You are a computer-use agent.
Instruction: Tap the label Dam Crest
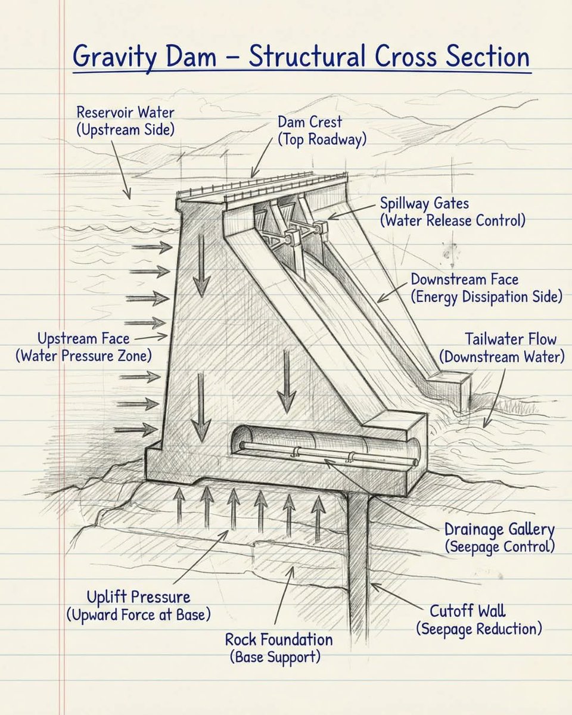pyautogui.click(x=310, y=122)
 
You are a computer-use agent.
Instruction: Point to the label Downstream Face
pyautogui.click(x=465, y=279)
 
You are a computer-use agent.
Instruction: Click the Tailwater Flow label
pyautogui.click(x=511, y=340)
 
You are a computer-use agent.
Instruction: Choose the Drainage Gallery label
pyautogui.click(x=499, y=529)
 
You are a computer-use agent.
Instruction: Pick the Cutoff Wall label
pyautogui.click(x=467, y=611)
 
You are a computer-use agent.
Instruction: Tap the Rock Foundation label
pyautogui.click(x=279, y=640)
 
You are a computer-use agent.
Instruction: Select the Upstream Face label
pyautogui.click(x=83, y=338)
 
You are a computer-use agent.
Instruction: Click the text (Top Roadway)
pyautogui.click(x=322, y=139)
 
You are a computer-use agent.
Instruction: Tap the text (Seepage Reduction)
pyautogui.click(x=479, y=629)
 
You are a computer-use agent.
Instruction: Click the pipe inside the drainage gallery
pyautogui.click(x=322, y=454)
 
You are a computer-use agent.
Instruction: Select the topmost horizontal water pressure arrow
pyautogui.click(x=150, y=246)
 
